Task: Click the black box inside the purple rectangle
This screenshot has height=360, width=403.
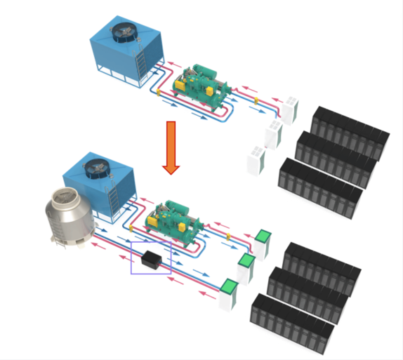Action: coord(152,260)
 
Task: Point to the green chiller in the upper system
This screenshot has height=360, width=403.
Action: coord(203,82)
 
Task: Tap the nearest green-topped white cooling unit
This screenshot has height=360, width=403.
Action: coord(229,294)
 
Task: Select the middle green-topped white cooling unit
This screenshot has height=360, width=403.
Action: coord(246,267)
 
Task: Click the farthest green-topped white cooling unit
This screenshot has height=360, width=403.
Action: coord(263,242)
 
